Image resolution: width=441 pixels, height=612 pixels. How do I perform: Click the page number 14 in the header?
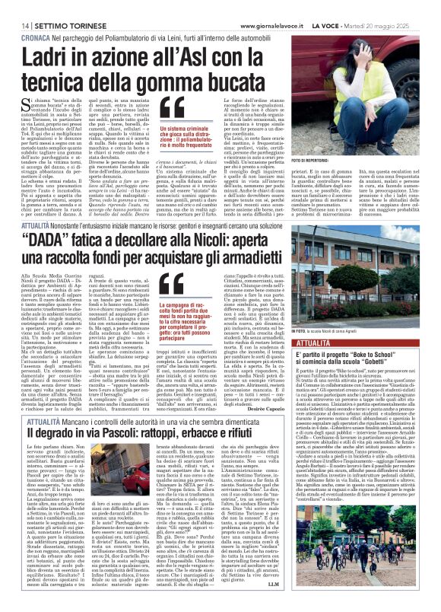click(x=15, y=6)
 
